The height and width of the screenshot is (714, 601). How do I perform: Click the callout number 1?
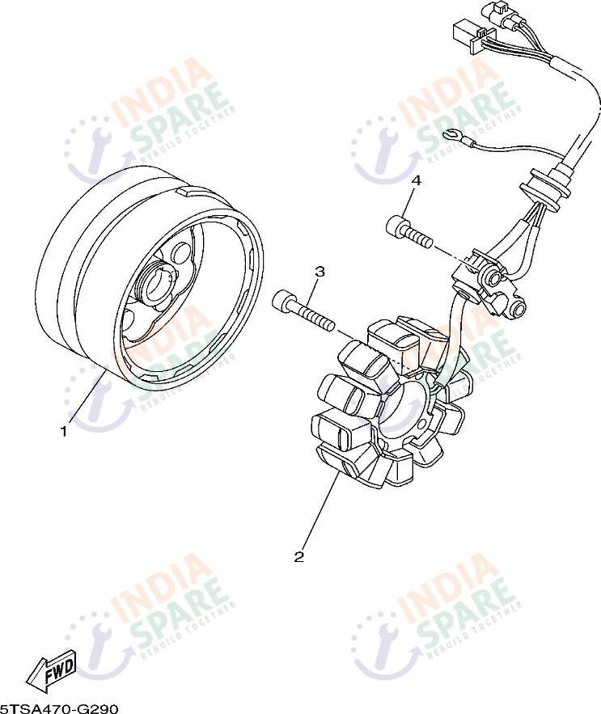(64, 431)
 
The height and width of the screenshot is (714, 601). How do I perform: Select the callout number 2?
(299, 556)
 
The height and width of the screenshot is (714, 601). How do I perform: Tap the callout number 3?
(320, 272)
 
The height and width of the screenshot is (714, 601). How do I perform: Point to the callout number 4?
(416, 181)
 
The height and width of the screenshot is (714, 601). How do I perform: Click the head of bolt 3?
(283, 302)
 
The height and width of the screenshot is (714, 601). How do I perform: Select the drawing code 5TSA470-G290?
(60, 708)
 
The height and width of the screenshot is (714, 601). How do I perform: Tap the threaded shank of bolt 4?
(418, 237)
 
